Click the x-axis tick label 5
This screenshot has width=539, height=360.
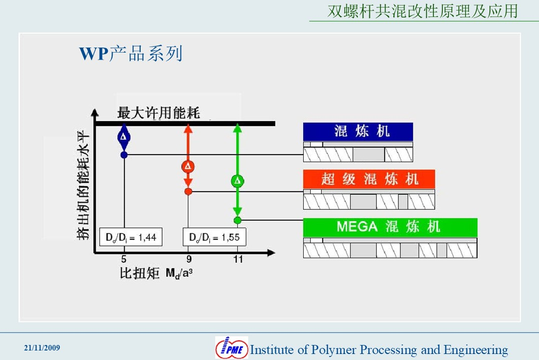pyautogui.click(x=124, y=259)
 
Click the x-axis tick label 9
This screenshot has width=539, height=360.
pyautogui.click(x=189, y=259)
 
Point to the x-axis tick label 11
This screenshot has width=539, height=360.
pyautogui.click(x=238, y=259)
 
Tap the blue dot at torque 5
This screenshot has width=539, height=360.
pyautogui.click(x=124, y=155)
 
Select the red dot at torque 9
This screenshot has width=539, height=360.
pyautogui.click(x=188, y=192)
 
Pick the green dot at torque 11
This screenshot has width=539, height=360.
pyautogui.click(x=237, y=220)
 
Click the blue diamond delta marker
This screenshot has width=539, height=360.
pyautogui.click(x=124, y=137)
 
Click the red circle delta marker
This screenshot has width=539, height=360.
pyautogui.click(x=188, y=167)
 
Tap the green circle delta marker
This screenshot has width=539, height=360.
pyautogui.click(x=237, y=181)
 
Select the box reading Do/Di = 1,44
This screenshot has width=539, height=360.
pyautogui.click(x=131, y=237)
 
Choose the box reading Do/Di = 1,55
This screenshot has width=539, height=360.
pyautogui.click(x=215, y=237)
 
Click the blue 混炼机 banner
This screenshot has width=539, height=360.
pyautogui.click(x=358, y=132)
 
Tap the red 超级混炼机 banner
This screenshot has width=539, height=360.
pyautogui.click(x=369, y=179)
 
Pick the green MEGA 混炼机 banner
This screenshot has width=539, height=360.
pyautogui.click(x=390, y=227)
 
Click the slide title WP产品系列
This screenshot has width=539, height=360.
pyautogui.click(x=131, y=54)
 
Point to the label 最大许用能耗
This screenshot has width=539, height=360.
pyautogui.click(x=159, y=113)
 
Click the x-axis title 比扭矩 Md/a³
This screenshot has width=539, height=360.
pyautogui.click(x=156, y=273)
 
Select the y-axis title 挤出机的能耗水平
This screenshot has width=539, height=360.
pyautogui.click(x=83, y=185)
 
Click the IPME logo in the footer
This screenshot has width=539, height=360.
pyautogui.click(x=231, y=347)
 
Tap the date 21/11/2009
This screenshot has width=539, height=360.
pyautogui.click(x=42, y=348)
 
